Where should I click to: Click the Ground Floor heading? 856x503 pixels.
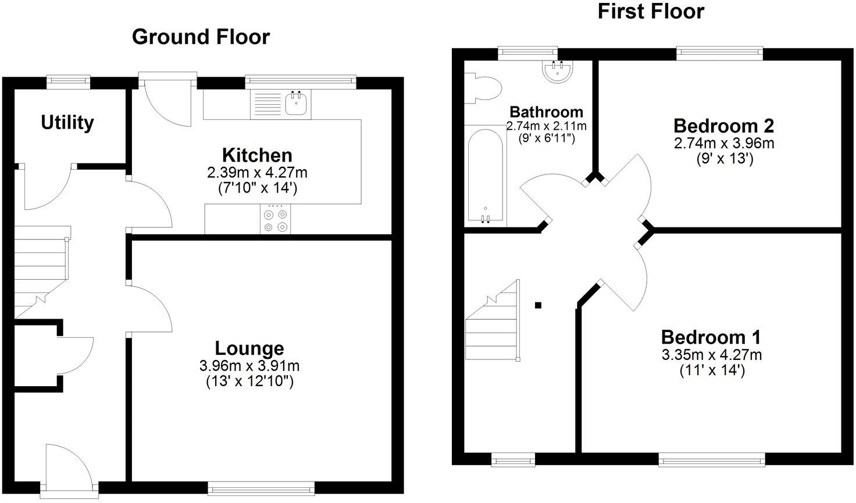(201, 37)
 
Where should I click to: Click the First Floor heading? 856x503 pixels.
(651, 11)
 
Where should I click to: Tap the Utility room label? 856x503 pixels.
(67, 123)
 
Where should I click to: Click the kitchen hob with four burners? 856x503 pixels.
(276, 220)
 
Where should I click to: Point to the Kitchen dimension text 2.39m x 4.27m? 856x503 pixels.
(257, 173)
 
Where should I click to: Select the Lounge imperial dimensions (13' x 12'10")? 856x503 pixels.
(249, 381)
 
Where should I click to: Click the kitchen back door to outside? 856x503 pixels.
(166, 99)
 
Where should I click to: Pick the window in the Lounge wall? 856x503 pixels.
(261, 487)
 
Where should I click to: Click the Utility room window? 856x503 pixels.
(68, 81)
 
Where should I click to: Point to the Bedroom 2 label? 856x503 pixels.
(723, 126)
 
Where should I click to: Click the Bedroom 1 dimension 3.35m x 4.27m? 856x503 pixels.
(711, 355)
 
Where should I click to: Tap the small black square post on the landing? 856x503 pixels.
(538, 305)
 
